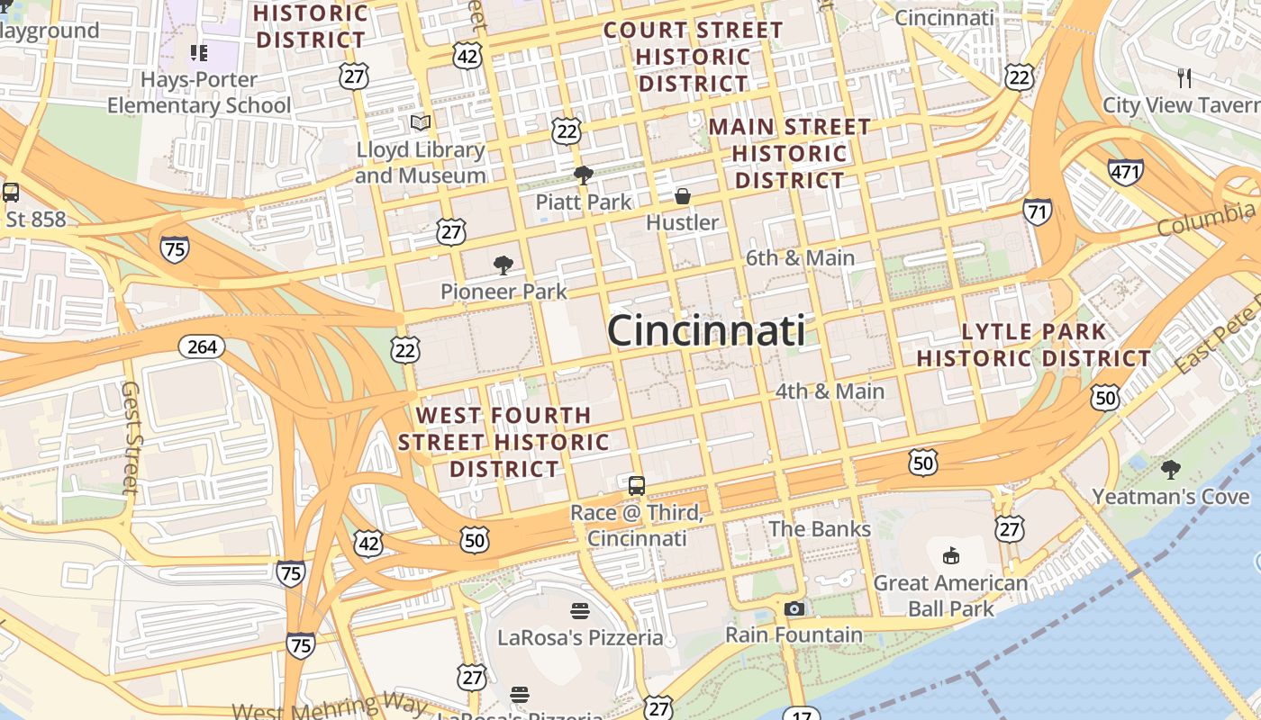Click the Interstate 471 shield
(x=1126, y=171)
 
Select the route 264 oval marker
(x=202, y=346)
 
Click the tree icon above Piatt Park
(x=584, y=175)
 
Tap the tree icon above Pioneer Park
(x=503, y=265)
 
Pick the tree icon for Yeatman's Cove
(x=1171, y=469)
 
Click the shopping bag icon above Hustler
(x=683, y=195)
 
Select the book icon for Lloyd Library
(x=421, y=122)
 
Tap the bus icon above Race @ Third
(x=637, y=486)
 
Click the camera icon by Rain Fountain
(x=794, y=609)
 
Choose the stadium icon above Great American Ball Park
(x=950, y=555)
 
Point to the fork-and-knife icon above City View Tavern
(x=1184, y=78)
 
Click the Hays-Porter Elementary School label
(x=199, y=93)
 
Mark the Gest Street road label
(x=132, y=437)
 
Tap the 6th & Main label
(x=800, y=258)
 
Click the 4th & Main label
(x=830, y=391)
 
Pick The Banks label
(x=820, y=528)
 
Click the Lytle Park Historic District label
(x=1034, y=345)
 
